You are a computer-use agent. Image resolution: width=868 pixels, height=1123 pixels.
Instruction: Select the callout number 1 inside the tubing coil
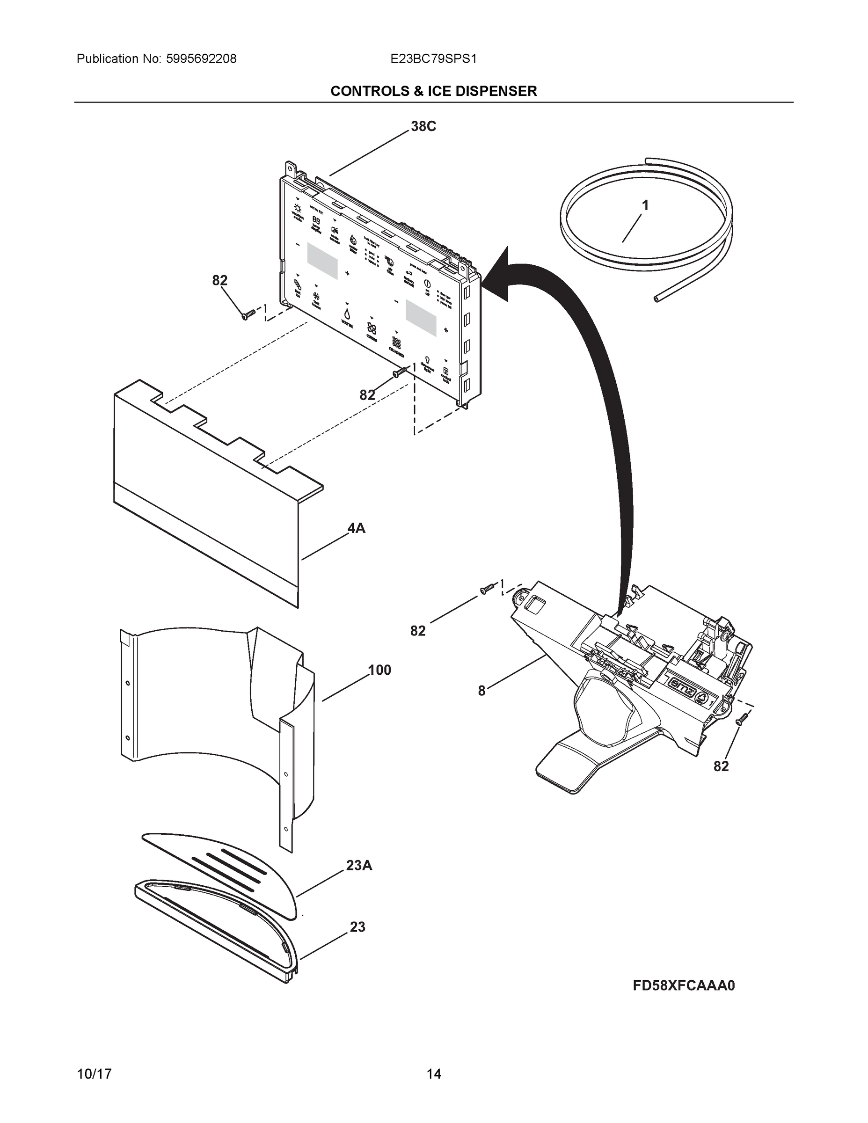coord(645,206)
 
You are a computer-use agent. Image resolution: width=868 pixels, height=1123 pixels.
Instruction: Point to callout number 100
coord(379,670)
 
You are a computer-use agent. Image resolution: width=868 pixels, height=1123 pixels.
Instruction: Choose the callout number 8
coord(481,691)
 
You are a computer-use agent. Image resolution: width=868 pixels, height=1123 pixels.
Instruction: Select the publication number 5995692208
coord(201,59)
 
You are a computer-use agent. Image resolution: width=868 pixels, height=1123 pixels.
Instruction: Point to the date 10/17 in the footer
coord(94,1074)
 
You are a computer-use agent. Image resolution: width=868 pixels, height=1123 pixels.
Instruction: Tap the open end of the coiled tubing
coord(656,298)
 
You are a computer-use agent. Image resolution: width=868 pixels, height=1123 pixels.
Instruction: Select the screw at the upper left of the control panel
coord(248,314)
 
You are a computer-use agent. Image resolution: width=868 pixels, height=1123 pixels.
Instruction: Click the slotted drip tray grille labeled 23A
coord(226,869)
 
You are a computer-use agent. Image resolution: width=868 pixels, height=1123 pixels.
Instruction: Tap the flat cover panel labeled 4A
coord(206,504)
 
